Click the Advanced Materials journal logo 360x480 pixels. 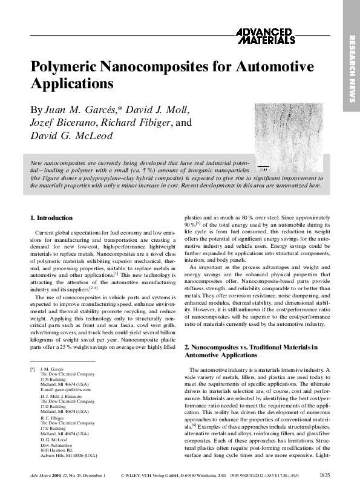(x=265, y=36)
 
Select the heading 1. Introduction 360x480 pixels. (x=51, y=217)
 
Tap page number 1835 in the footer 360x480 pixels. (x=324, y=474)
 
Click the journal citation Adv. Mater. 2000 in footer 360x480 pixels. (x=47, y=474)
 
